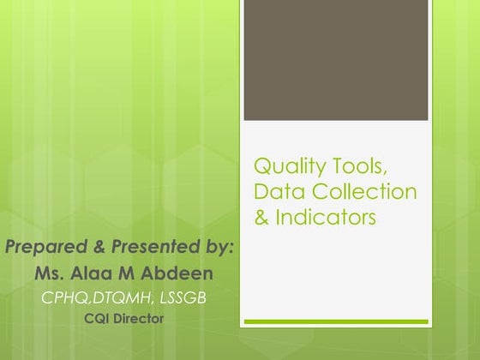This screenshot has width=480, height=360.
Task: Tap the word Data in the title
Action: tap(275, 191)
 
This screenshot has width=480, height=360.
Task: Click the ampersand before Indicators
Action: tap(261, 218)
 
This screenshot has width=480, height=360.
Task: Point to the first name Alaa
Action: tap(92, 274)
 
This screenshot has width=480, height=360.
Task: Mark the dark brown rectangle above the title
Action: tap(335, 60)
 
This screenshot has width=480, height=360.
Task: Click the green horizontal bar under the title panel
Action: tap(335, 322)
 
